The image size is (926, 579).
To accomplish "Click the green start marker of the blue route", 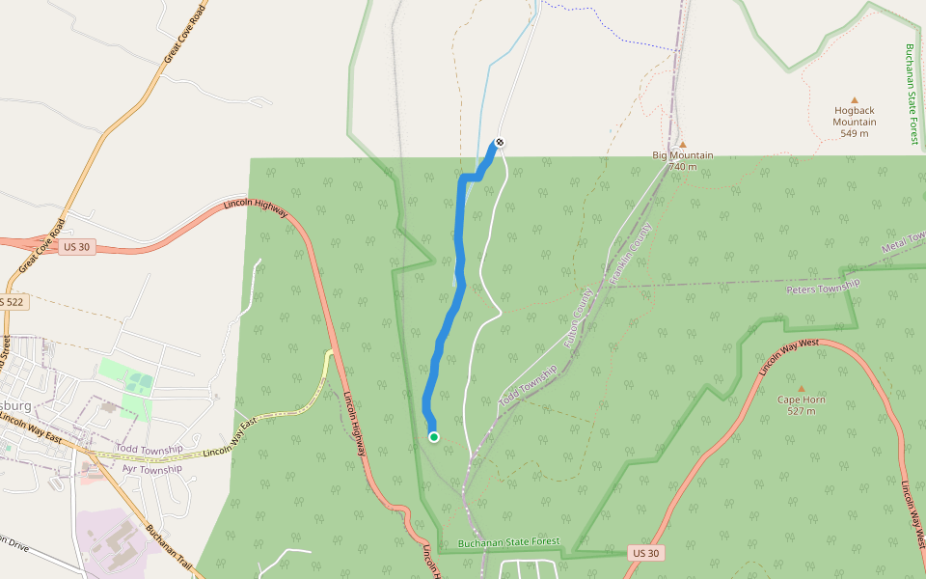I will click(434, 437).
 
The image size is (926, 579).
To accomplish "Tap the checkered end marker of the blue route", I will click(499, 143).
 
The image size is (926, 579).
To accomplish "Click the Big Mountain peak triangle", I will click(683, 144).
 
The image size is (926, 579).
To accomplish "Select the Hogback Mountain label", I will click(855, 116).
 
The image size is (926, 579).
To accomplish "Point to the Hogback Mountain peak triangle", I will click(855, 99).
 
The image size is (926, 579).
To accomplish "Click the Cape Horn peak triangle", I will click(801, 388).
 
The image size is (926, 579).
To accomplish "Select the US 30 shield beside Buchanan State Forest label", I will click(646, 553).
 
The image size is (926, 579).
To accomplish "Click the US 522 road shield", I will click(12, 302).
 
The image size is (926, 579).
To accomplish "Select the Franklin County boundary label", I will click(633, 253).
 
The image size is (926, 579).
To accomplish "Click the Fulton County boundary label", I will click(577, 317).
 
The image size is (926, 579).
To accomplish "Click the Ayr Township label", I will click(151, 469).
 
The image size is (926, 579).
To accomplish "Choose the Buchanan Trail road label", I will click(169, 549).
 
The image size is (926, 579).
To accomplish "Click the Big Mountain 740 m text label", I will click(683, 160).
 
